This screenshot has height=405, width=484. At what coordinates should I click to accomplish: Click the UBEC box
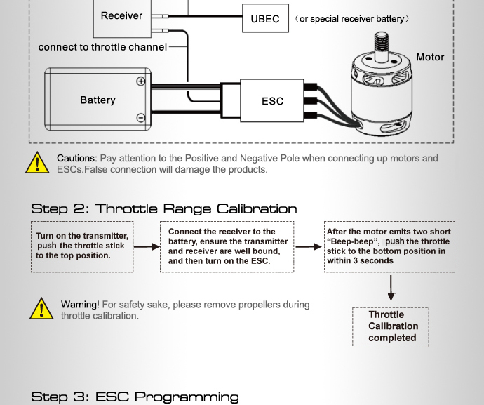pyautogui.click(x=265, y=19)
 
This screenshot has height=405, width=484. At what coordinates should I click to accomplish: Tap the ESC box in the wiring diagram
pyautogui.click(x=272, y=100)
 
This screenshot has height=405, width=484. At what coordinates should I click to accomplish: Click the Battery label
pyautogui.click(x=98, y=100)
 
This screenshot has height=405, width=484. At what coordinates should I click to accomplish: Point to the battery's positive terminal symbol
pyautogui.click(x=140, y=81)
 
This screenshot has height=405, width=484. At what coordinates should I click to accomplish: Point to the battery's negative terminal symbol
pyautogui.click(x=140, y=117)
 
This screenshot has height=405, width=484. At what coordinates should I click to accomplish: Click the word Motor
pyautogui.click(x=430, y=57)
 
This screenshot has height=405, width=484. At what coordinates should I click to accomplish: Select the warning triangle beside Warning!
pyautogui.click(x=41, y=309)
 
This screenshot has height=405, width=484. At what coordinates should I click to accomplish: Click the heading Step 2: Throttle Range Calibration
pyautogui.click(x=164, y=208)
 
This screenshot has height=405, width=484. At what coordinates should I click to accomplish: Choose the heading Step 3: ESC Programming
pyautogui.click(x=135, y=397)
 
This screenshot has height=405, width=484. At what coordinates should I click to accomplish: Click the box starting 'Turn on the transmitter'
pyautogui.click(x=81, y=246)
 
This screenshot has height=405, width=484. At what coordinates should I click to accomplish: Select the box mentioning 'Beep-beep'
pyautogui.click(x=390, y=246)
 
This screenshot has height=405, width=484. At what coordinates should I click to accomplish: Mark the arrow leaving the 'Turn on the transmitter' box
pyautogui.click(x=147, y=247)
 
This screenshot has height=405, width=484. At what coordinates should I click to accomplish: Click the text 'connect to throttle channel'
pyautogui.click(x=102, y=47)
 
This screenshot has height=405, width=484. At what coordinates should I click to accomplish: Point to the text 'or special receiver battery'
pyautogui.click(x=351, y=19)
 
